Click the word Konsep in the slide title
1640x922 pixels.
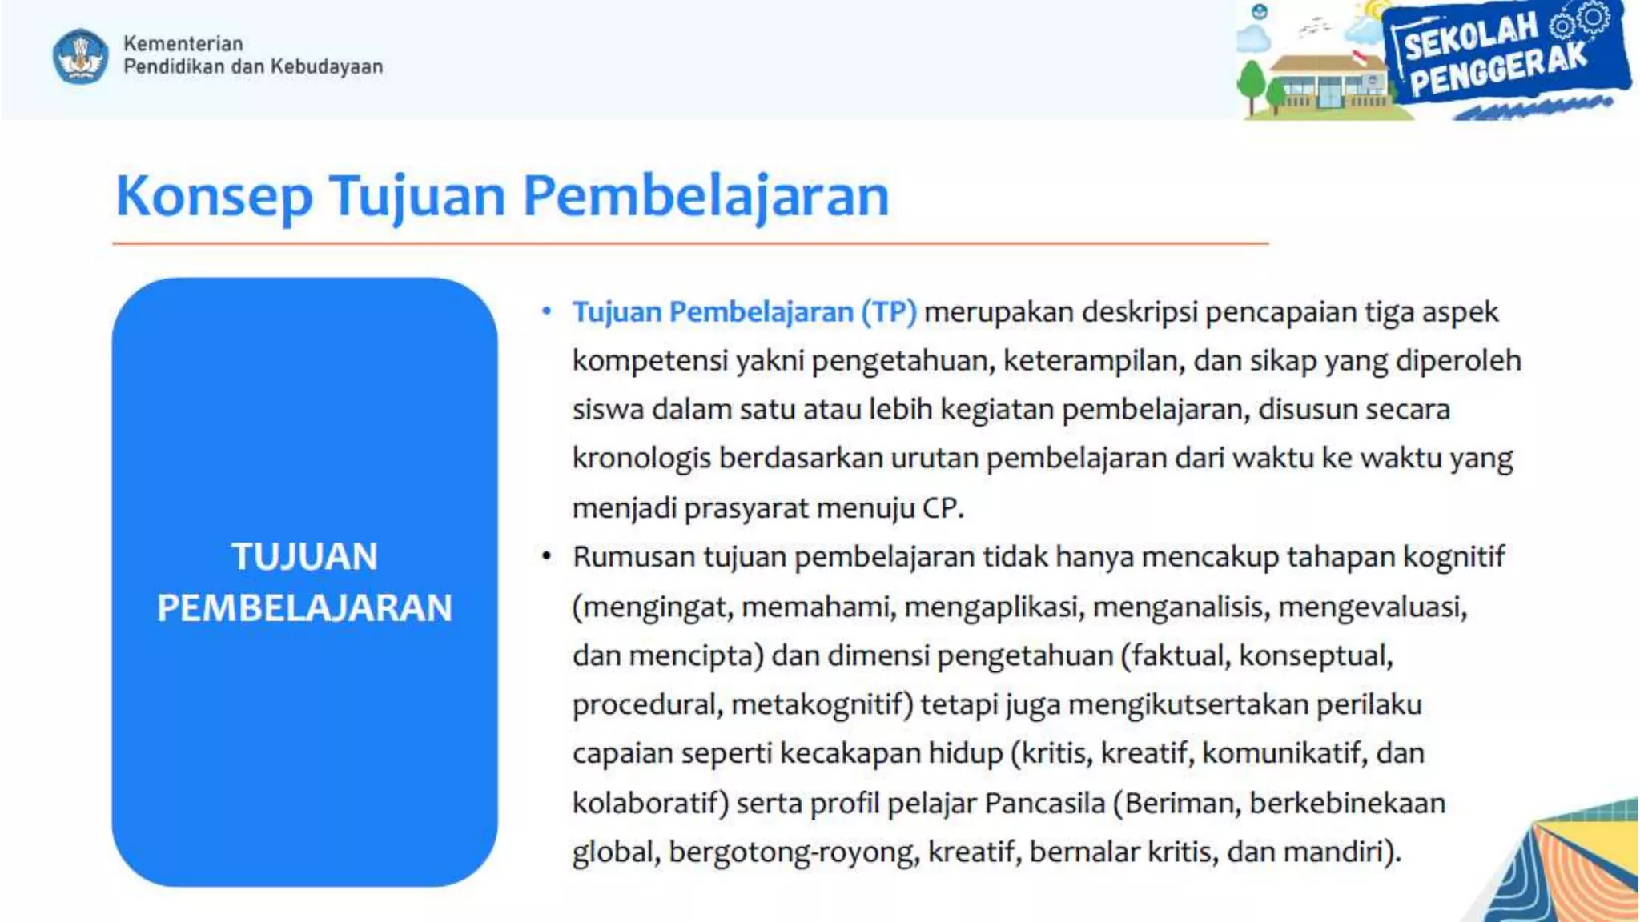[214, 197]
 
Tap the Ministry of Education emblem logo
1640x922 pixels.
[80, 56]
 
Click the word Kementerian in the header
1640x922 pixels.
[183, 43]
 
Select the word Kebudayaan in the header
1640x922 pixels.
[327, 66]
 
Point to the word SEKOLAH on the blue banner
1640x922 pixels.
[1472, 37]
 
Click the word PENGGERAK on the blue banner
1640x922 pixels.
[1497, 70]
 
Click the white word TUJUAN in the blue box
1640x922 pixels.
[304, 557]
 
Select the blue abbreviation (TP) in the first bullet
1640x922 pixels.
[889, 312]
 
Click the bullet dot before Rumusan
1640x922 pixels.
[547, 556]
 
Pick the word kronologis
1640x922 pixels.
[641, 459]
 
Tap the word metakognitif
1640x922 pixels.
[822, 704]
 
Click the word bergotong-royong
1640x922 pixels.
[794, 852]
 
